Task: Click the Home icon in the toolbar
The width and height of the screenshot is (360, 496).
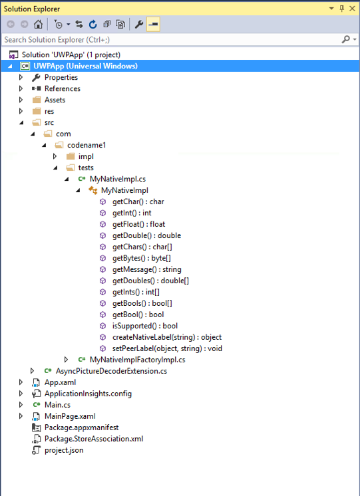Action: (39, 25)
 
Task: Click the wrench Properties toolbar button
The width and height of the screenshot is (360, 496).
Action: (139, 25)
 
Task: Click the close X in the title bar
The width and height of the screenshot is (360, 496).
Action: (353, 8)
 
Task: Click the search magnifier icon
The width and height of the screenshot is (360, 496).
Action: (345, 40)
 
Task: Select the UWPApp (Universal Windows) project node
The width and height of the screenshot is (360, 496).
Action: (85, 66)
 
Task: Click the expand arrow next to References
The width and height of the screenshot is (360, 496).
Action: (21, 88)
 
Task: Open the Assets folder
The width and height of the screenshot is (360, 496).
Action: (55, 100)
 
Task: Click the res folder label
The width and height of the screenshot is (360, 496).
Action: (50, 111)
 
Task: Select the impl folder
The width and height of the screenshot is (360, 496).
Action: (86, 156)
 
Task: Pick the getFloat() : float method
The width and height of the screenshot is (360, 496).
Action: (138, 224)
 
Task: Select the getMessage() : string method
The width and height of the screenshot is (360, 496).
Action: (146, 269)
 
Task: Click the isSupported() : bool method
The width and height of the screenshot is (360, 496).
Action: (144, 326)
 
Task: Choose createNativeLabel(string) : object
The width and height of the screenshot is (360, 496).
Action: (166, 337)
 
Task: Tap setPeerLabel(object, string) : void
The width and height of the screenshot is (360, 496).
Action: (167, 348)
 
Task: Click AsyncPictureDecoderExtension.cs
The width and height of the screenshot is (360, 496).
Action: (110, 371)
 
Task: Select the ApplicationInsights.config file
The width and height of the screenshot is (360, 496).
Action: (88, 394)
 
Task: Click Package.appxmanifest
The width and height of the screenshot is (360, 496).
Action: (81, 428)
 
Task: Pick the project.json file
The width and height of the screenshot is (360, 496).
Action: (64, 450)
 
